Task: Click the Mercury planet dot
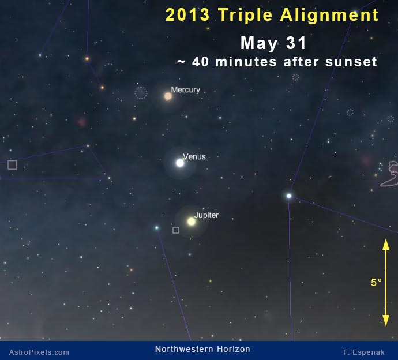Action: click(168, 96)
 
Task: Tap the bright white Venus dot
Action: click(180, 163)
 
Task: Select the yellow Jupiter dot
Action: click(192, 222)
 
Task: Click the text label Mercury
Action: click(186, 90)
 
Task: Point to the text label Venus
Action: click(194, 157)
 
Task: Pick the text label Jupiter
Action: click(206, 215)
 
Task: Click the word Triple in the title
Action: click(246, 15)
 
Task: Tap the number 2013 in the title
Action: click(187, 15)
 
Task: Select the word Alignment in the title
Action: click(329, 15)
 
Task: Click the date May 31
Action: click(273, 43)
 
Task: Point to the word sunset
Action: click(351, 62)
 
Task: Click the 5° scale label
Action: click(376, 282)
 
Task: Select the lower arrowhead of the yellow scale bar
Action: click(386, 320)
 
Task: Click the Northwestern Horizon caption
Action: click(202, 349)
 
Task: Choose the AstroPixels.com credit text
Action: click(39, 352)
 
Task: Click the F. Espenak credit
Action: click(364, 352)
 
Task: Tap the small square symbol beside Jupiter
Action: click(176, 230)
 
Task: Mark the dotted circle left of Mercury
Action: click(141, 93)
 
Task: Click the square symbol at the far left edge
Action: click(12, 165)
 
